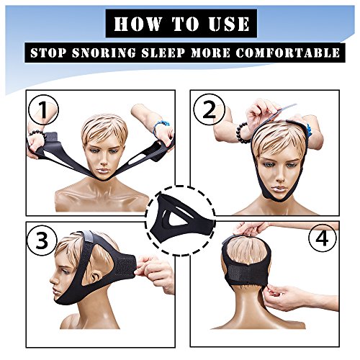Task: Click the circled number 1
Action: pyautogui.click(x=43, y=110)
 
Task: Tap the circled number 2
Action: pyautogui.click(x=210, y=109)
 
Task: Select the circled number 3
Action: pyautogui.click(x=42, y=240)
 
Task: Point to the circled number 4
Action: pyautogui.click(x=322, y=238)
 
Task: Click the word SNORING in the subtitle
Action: pyautogui.click(x=104, y=53)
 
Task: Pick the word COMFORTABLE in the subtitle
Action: pyautogui.click(x=287, y=53)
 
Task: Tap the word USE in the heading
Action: pyautogui.click(x=229, y=24)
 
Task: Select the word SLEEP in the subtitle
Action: pyautogui.click(x=163, y=53)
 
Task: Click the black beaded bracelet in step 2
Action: pyautogui.click(x=243, y=132)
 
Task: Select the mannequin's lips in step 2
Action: pyautogui.click(x=280, y=188)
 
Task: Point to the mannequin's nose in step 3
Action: pyautogui.click(x=53, y=279)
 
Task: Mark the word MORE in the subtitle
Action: pyautogui.click(x=210, y=53)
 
